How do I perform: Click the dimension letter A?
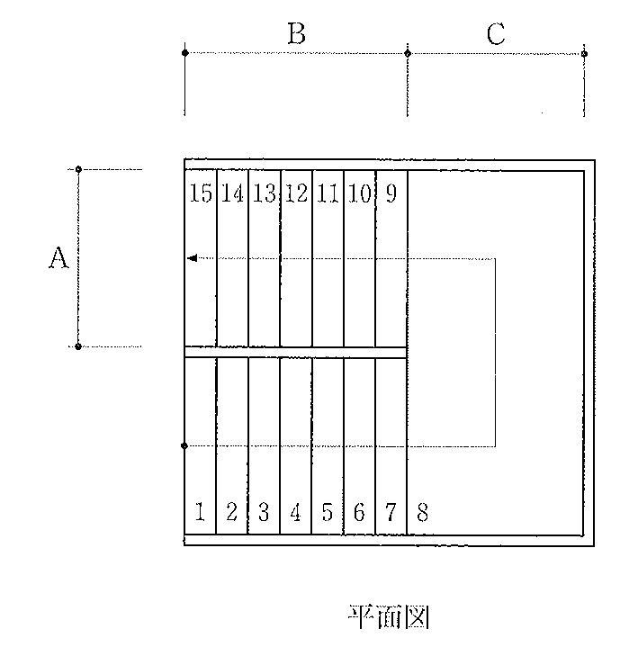coord(58,257)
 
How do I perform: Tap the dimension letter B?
coord(297,33)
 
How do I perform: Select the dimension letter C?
coord(496,33)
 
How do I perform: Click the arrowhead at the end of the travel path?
coord(193,258)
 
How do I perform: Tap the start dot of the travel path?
coord(184,445)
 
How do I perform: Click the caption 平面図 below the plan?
coord(389,616)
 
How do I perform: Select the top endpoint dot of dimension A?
coord(78,169)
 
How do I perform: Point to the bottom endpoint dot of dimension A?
coord(77,346)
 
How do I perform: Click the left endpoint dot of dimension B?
coord(184,52)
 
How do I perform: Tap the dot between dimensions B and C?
coord(408,53)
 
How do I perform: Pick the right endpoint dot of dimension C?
coord(584,54)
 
